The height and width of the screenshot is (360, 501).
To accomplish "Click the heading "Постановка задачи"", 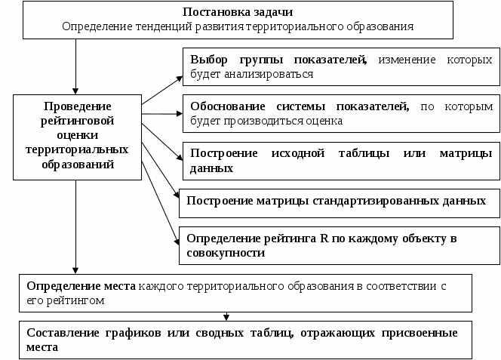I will [238, 13].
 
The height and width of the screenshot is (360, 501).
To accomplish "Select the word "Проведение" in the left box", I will [78, 105].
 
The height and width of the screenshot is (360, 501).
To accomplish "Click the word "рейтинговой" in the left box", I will [78, 119].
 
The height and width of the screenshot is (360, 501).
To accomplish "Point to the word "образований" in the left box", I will [78, 163].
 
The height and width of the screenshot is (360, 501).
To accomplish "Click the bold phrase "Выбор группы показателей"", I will [278, 60].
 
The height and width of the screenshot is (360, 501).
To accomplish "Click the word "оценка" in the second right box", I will [324, 120].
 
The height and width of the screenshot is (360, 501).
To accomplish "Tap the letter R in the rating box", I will [323, 238].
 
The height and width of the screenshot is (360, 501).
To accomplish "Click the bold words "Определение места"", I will [81, 287].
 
